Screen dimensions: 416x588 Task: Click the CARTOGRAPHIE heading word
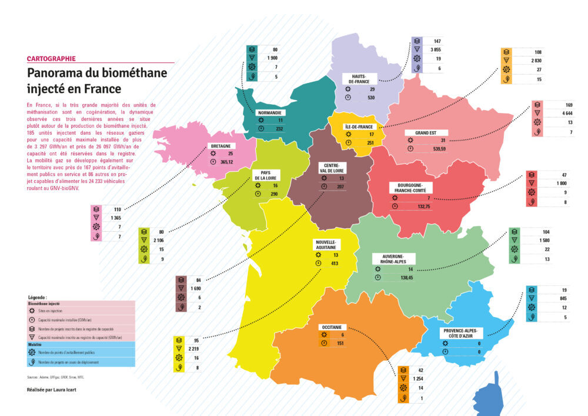(51, 59)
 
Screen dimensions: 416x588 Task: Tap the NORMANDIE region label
(270, 112)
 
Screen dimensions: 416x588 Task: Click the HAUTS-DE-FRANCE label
(360, 79)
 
